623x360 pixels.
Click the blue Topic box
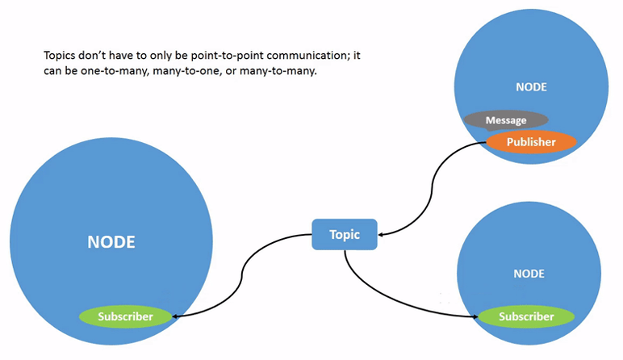coord(345,235)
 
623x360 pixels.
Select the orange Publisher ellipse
coord(531,142)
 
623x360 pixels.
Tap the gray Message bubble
coord(506,120)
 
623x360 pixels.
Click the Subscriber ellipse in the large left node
coord(125,316)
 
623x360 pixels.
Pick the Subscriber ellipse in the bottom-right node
coord(526,316)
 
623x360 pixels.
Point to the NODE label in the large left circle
coord(111,241)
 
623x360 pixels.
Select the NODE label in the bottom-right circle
coord(529,274)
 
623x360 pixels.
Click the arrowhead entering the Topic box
coord(382,235)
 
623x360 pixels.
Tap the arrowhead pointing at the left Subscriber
coord(176,316)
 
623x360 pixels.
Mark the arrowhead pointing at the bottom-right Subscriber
coord(474,316)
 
